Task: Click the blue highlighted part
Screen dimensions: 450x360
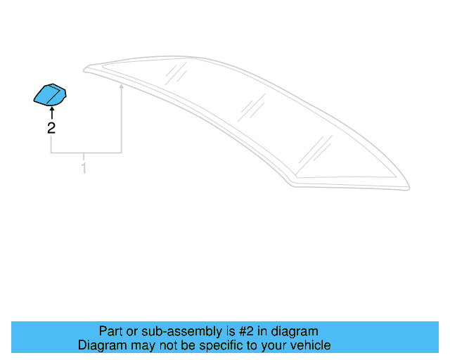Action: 50,95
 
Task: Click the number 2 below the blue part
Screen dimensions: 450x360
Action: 51,127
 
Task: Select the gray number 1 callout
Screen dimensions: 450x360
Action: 84,168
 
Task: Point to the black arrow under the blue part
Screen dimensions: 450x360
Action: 51,112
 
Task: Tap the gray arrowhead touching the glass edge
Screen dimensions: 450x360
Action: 122,87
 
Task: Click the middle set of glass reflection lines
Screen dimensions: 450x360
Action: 251,108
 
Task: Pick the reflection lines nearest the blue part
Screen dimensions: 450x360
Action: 176,72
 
